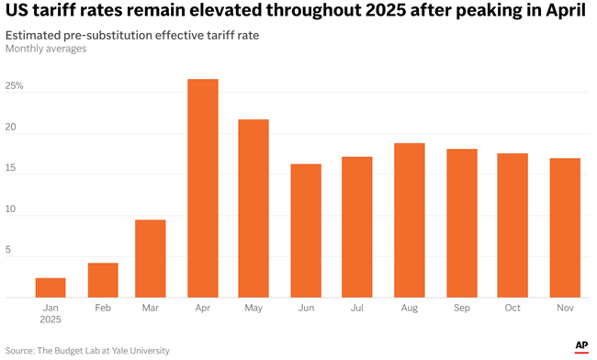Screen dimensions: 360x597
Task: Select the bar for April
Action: click(x=202, y=188)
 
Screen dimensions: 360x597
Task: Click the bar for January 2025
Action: click(x=51, y=287)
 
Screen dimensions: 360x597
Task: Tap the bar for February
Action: click(x=103, y=280)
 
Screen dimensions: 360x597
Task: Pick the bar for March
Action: click(x=151, y=258)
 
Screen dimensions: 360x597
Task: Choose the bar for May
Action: click(x=253, y=208)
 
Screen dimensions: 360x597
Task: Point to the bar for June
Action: click(x=306, y=231)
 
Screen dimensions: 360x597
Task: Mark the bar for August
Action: click(x=409, y=220)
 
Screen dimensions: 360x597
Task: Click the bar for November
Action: click(x=565, y=228)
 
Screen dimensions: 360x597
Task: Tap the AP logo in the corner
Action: click(x=580, y=345)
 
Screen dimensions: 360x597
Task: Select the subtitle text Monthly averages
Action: click(x=46, y=49)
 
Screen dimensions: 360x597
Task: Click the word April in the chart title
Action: click(x=565, y=12)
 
